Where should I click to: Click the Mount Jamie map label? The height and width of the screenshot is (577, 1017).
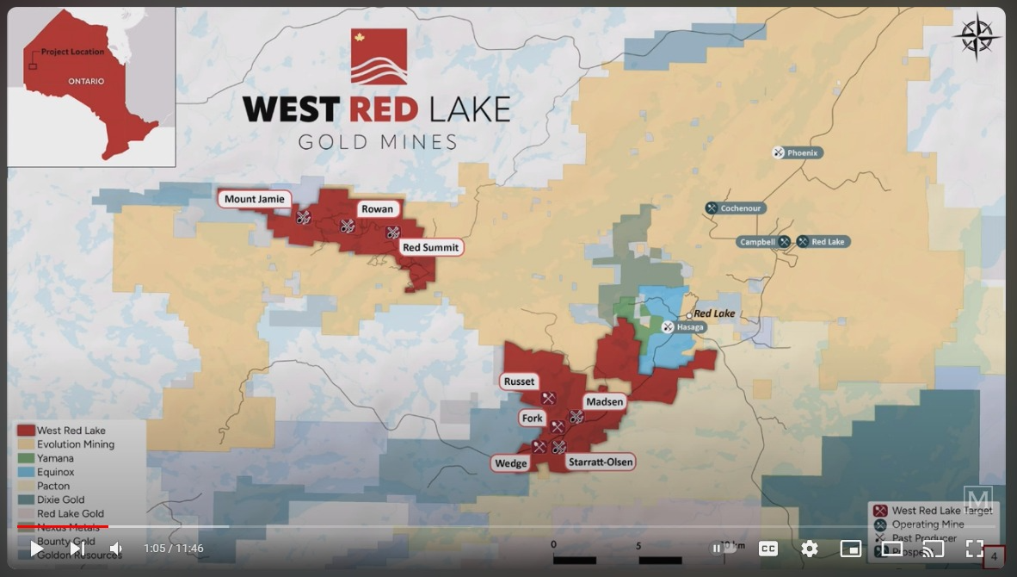point(254,199)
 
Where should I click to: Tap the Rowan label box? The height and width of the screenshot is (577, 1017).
point(377,209)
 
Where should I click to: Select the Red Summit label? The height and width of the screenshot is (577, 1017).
point(431,248)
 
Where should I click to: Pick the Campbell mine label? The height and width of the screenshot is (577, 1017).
point(758,242)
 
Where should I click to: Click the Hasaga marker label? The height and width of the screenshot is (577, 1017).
point(690,327)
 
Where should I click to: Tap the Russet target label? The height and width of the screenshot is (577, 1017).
point(519,382)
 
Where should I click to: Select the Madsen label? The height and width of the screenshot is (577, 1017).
point(604,402)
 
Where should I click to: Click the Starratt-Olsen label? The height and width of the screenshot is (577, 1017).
point(601,462)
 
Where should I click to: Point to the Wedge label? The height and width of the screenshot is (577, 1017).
point(510,463)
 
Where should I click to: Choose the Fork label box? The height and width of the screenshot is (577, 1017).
point(533,419)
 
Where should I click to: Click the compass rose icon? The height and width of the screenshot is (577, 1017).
point(976,36)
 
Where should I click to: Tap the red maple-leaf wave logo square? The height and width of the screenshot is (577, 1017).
point(379,57)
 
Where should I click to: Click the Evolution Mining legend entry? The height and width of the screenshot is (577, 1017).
point(76,444)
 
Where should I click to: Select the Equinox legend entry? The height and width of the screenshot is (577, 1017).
point(56,472)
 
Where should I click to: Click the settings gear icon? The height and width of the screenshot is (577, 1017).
point(810,549)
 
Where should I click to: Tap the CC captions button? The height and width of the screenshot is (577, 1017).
point(768,549)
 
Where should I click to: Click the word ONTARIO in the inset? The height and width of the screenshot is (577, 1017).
point(86,82)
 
